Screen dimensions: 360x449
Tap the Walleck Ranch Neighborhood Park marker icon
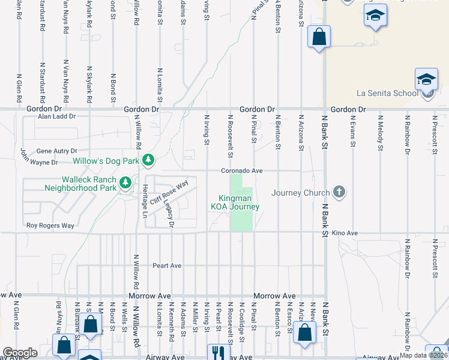click(125, 182)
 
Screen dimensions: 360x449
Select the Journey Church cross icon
click(339, 192)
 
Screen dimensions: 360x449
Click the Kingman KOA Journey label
click(235, 202)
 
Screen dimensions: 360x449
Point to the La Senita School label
click(387, 93)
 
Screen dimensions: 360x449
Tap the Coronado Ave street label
click(242, 170)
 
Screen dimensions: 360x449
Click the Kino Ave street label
click(345, 233)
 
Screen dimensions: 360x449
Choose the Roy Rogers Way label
click(50, 226)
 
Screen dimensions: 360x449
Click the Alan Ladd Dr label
click(56, 116)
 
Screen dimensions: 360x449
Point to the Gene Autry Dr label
click(57, 151)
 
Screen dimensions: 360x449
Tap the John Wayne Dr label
click(39, 159)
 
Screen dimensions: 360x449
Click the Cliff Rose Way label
click(169, 193)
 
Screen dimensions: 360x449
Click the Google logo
click(20, 353)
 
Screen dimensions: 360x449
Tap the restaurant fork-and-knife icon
click(215, 352)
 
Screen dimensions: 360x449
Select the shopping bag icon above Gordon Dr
click(319, 37)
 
